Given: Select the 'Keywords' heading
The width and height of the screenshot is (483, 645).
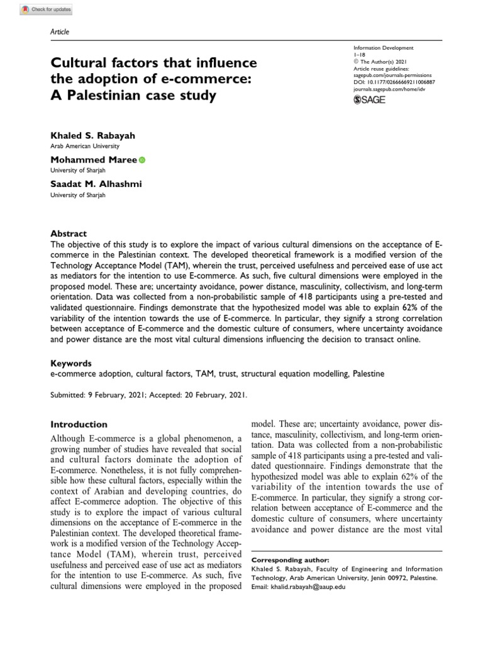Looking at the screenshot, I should (x=70, y=363).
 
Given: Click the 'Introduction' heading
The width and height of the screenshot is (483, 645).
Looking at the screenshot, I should (x=79, y=424).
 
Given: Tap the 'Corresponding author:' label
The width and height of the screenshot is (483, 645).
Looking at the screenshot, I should (x=289, y=559).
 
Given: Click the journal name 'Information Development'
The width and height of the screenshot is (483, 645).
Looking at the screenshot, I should (x=387, y=47).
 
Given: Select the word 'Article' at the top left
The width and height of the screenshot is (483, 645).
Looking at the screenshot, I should (x=59, y=31).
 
